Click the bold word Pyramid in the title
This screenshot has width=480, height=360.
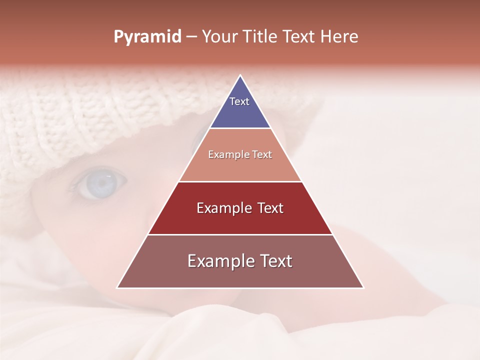(147, 37)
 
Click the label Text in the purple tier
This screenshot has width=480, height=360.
(239, 101)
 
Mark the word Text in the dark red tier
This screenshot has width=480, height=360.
(270, 208)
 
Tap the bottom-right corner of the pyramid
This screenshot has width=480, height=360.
(363, 287)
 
